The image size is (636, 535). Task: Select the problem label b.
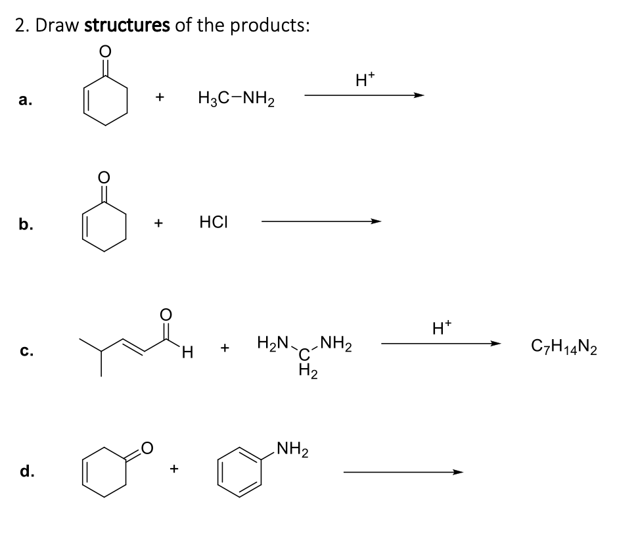[x=23, y=224]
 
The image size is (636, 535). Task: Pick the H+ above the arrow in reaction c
[x=440, y=326]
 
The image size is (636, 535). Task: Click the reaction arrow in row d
[x=403, y=471]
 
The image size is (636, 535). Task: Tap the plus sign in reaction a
[x=159, y=98]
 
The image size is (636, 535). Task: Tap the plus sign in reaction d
[x=174, y=469]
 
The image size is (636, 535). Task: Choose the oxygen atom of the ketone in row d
[x=149, y=449]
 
